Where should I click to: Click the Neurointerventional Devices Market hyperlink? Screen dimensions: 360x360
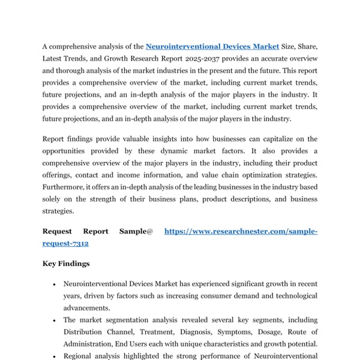pyautogui.click(x=212, y=46)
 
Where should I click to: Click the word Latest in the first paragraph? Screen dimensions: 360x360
pyautogui.click(x=56, y=58)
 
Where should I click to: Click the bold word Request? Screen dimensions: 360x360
pyautogui.click(x=56, y=231)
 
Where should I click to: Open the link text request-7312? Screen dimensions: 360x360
pyautogui.click(x=65, y=243)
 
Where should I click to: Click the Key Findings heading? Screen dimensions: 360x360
pyautogui.click(x=66, y=263)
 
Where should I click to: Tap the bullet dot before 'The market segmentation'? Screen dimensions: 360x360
pyautogui.click(x=54, y=320)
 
